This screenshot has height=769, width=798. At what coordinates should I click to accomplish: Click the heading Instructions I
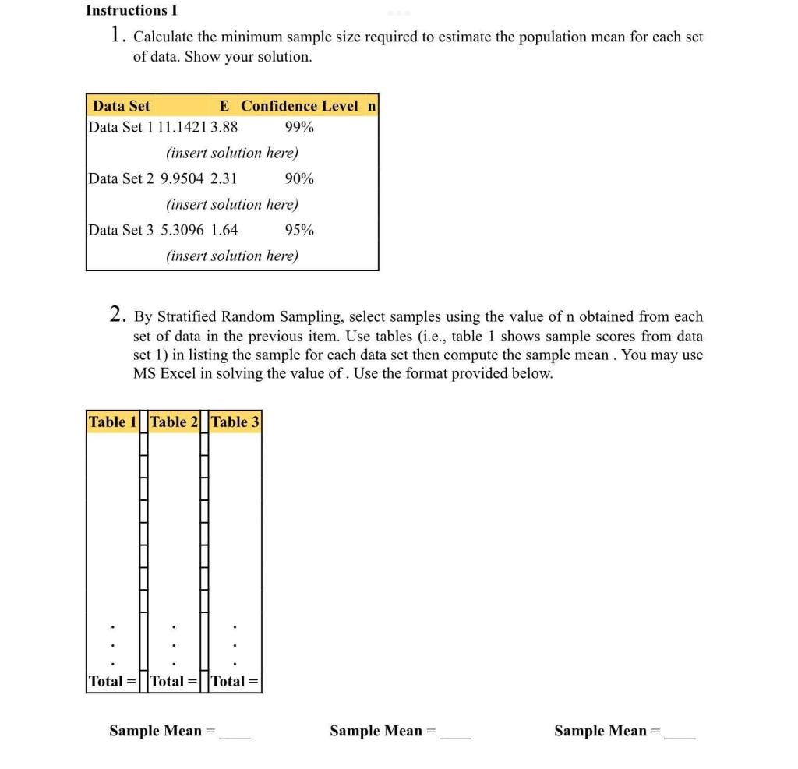tap(131, 10)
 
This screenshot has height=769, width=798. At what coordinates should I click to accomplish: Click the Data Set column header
tap(121, 106)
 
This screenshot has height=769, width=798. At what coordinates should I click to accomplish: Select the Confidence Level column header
tap(299, 106)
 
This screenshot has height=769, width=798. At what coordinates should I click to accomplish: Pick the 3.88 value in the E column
tap(224, 127)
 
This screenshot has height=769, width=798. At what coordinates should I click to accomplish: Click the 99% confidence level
tap(299, 127)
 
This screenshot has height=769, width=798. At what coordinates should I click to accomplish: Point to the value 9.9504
tap(182, 178)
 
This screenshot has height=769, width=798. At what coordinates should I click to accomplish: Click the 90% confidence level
tap(299, 178)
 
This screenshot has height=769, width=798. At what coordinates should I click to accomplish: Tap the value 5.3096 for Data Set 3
tap(182, 230)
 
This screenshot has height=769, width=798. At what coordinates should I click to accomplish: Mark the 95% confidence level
tap(299, 230)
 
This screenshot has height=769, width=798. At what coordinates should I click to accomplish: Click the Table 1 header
tap(113, 422)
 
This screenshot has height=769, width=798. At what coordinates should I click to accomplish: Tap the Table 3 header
tap(235, 422)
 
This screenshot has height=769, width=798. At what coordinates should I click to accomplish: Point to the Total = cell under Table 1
tap(113, 681)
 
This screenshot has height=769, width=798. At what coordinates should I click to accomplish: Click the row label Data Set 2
tap(121, 178)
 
